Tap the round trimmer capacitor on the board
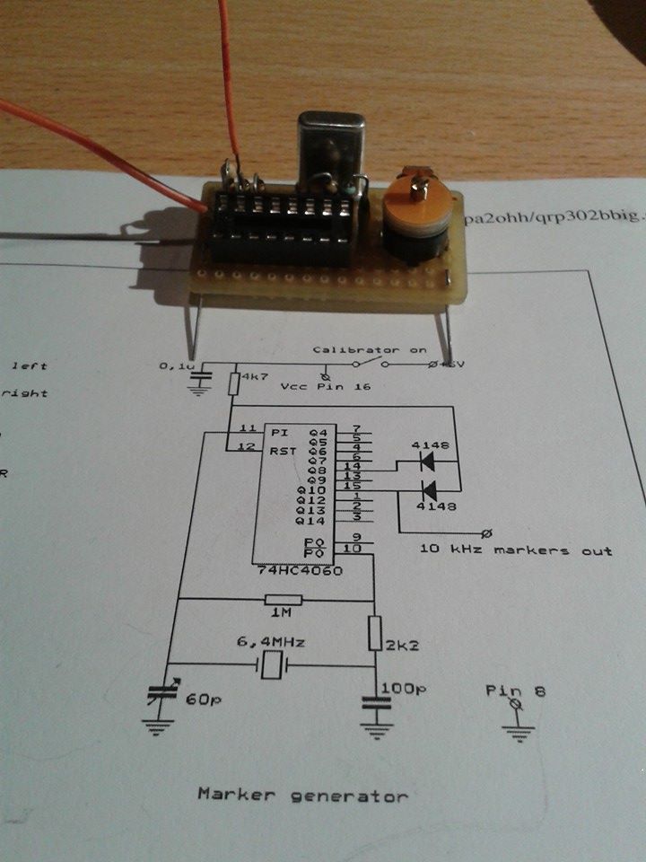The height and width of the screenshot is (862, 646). point(416,215)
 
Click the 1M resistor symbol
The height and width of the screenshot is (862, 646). point(277,600)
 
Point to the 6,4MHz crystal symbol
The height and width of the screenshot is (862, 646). point(270,666)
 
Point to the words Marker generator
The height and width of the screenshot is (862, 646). point(302,795)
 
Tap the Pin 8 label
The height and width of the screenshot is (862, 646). point(515,691)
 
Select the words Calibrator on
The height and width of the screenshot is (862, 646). point(370,348)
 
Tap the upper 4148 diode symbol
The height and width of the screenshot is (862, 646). point(429,462)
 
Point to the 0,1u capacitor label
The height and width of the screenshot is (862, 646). point(174,366)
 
